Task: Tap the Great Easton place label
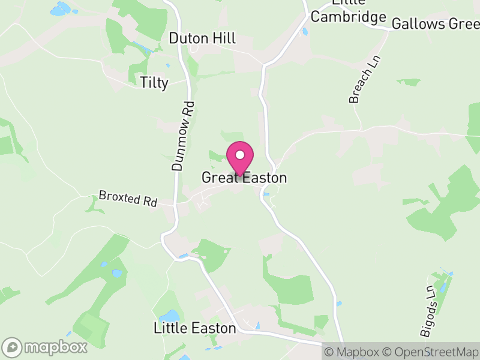tap(244, 178)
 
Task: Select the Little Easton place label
tap(194, 328)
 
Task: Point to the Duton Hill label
tap(202, 38)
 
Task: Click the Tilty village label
tap(154, 82)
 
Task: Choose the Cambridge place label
tap(347, 17)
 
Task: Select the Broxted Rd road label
tap(128, 199)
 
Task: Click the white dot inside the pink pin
tap(240, 154)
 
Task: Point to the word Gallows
tap(412, 24)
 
